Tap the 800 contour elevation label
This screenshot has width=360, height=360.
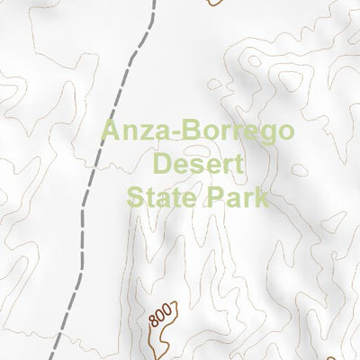tap(159, 318)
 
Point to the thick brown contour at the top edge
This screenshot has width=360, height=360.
tap(212, 4)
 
